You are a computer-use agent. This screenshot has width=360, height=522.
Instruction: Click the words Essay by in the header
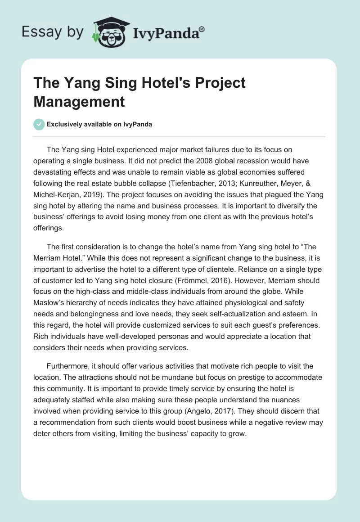pos(53,32)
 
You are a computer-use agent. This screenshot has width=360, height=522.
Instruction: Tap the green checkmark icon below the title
pos(39,124)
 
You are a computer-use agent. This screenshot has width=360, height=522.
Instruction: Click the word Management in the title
pos(79,101)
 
